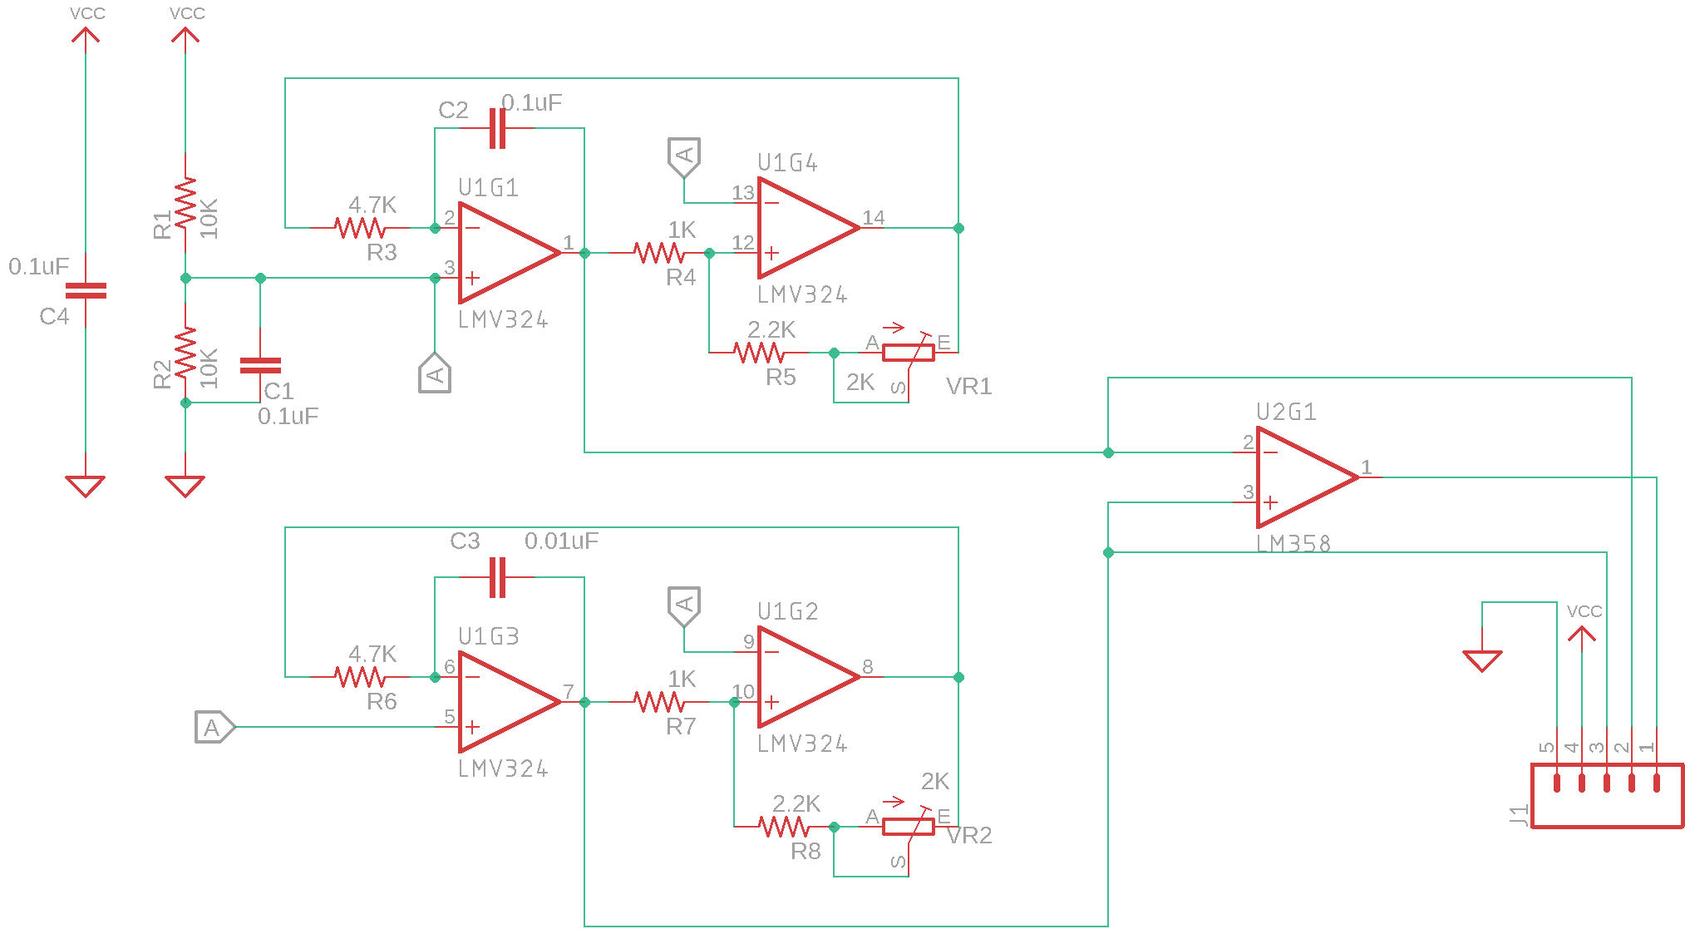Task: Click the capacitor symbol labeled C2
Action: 497,128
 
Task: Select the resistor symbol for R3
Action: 359,227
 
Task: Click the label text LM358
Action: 1293,544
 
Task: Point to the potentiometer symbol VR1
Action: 908,353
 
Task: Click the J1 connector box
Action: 1606,796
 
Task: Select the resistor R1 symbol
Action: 185,203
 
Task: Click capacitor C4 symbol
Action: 86,290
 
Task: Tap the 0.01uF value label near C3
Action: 561,541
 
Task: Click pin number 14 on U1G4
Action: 873,218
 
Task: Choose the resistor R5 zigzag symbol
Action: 758,353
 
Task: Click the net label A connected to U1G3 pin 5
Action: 214,728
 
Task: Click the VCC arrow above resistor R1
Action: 185,36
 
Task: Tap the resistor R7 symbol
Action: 658,702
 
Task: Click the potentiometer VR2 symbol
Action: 908,827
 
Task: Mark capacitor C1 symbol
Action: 260,365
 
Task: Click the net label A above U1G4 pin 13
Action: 684,156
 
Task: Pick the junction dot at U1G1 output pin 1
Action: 584,253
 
